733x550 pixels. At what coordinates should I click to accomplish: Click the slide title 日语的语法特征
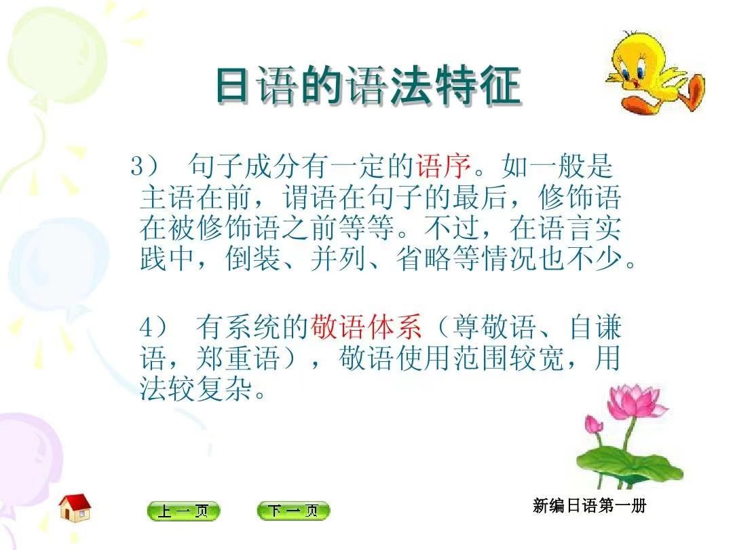coord(369,86)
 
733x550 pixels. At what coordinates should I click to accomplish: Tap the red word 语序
coord(443,166)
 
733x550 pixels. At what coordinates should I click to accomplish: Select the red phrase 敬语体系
coord(366,327)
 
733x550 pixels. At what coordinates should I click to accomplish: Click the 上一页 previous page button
coord(183,511)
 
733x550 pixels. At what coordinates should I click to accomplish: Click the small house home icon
coord(75,508)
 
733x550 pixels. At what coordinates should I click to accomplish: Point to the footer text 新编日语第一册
coord(589,506)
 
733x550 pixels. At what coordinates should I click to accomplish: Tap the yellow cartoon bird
coord(654,73)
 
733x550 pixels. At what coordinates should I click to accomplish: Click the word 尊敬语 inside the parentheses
coord(494,327)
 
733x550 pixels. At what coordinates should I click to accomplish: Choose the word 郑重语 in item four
coord(238,359)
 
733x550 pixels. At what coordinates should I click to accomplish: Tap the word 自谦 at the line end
coord(596,327)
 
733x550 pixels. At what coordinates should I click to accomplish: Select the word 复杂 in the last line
coord(225,388)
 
